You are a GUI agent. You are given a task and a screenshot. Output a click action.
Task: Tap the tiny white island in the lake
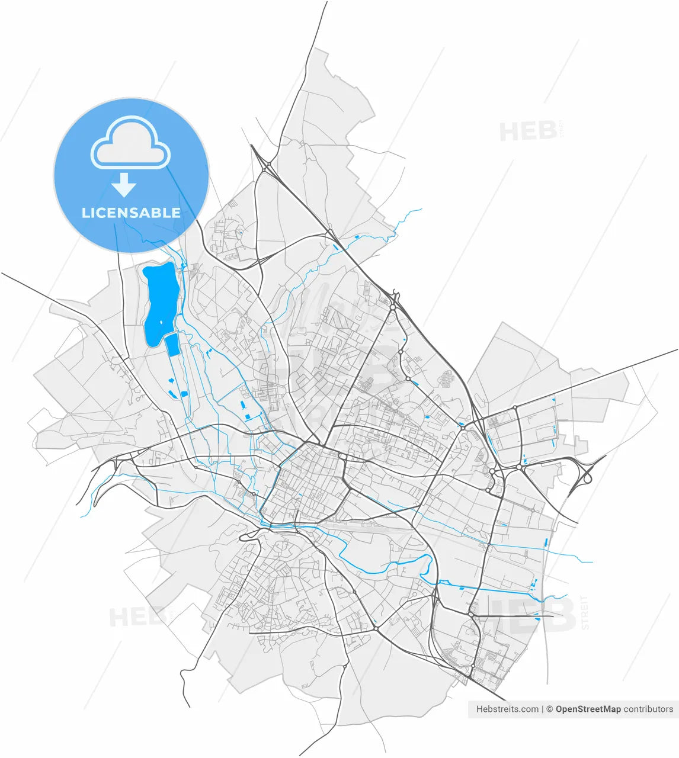pyautogui.click(x=161, y=323)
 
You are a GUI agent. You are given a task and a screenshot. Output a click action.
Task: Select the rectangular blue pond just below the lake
pyautogui.click(x=172, y=345)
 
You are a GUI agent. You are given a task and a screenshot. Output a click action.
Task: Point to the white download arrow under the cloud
pyautogui.click(x=124, y=185)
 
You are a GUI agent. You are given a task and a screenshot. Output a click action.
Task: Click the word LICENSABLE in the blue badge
pyautogui.click(x=131, y=213)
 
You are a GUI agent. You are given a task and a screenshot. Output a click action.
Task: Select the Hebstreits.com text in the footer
pyautogui.click(x=508, y=709)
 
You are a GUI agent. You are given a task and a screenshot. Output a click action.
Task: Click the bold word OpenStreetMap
pyautogui.click(x=588, y=709)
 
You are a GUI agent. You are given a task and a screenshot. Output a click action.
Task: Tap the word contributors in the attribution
pyautogui.click(x=648, y=709)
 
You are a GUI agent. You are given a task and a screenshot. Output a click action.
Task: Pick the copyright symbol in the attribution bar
pyautogui.click(x=549, y=709)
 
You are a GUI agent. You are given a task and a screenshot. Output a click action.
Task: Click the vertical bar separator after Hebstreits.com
pyautogui.click(x=542, y=709)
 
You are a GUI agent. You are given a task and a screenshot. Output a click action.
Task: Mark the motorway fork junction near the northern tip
pyautogui.click(x=267, y=166)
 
